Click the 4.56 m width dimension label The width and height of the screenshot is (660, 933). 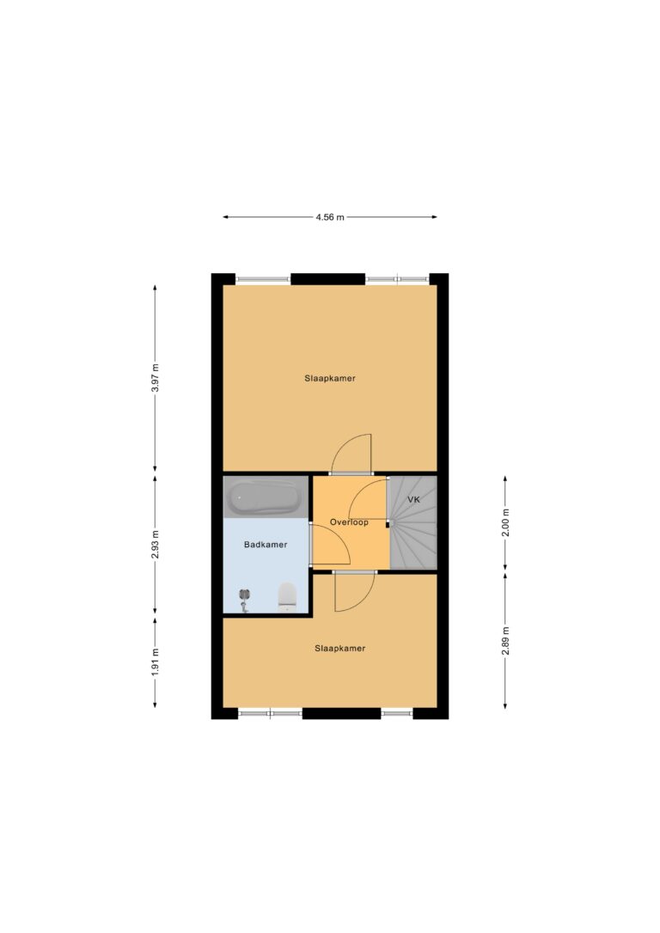coord(330,217)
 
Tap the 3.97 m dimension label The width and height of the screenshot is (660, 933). coord(156,377)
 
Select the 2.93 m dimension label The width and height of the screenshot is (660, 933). coord(156,545)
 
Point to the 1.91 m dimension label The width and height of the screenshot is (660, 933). coord(156,662)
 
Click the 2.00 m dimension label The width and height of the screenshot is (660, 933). coord(505,523)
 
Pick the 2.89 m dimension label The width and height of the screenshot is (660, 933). coord(505,641)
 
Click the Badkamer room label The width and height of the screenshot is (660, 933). coord(266,545)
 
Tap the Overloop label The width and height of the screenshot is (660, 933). coord(350,522)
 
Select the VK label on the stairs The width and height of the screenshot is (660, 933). coord(413,499)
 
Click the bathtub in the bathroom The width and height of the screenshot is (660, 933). coord(266,497)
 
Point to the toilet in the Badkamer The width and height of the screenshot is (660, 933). coord(287,596)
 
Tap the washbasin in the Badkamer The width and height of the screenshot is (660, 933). coord(244,600)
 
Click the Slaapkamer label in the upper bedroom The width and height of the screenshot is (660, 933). coord(330,378)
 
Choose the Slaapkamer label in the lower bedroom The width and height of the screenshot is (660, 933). coord(339,649)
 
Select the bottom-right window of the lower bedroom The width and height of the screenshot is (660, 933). coord(397,712)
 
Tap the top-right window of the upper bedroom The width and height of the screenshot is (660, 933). coord(397,278)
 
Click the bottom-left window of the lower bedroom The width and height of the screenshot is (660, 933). coord(270,712)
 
